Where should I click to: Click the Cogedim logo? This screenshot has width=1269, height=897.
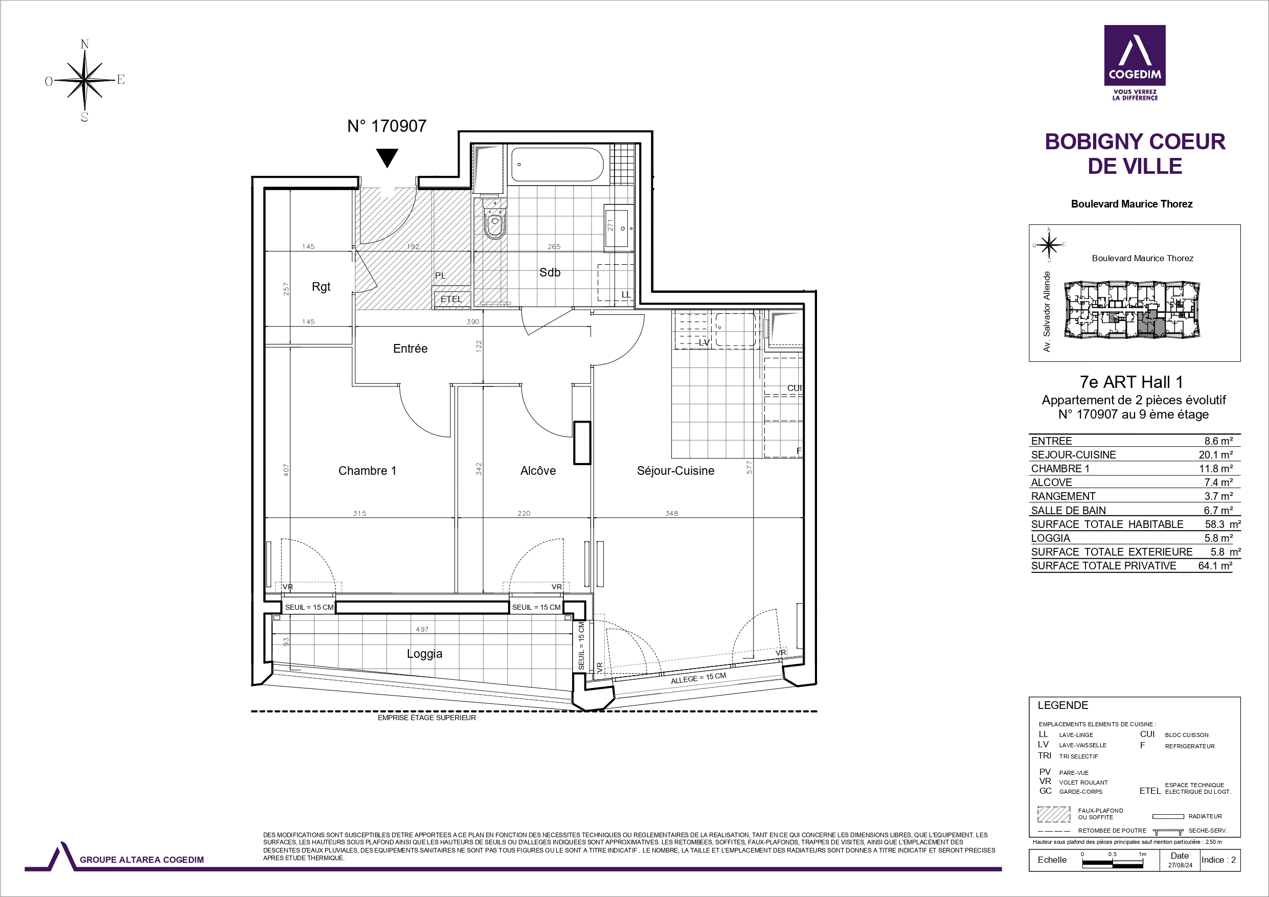1135,63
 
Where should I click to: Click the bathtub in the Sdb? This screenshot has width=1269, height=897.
557,164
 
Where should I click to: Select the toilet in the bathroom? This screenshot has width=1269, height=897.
495,220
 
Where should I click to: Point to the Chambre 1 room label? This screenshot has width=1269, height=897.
367,471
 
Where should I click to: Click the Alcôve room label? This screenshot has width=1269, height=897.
538,471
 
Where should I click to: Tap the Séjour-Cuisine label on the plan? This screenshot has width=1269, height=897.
675,471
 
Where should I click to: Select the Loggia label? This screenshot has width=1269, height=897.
424,654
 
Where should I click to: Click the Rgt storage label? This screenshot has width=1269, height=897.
321,287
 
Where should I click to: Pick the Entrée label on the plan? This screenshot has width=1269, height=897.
410,349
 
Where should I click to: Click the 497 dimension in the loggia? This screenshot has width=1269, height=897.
422,630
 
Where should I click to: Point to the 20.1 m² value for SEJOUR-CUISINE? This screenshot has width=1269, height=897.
1215,455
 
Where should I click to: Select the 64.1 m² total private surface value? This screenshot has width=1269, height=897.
1215,566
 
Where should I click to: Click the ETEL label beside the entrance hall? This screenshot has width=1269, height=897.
451,299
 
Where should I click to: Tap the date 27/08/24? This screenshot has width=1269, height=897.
1180,865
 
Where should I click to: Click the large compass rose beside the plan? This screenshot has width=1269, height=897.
84,81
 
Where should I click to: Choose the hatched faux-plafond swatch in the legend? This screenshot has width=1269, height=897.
1054,815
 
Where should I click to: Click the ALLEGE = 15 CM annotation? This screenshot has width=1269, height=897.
698,678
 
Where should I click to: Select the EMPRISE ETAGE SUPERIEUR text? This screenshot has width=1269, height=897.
427,718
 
